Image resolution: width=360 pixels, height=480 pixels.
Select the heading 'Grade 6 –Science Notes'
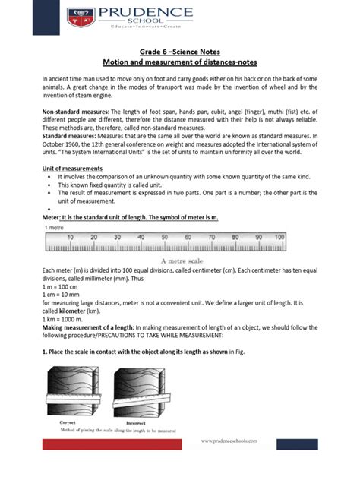coord(180,52)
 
